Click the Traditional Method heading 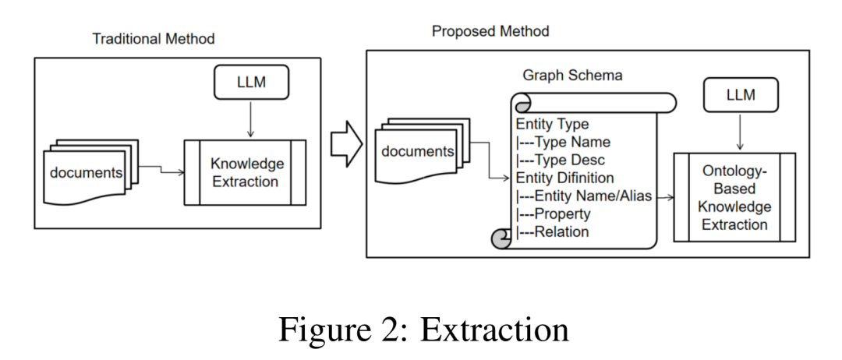coord(154,38)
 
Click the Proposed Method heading coord(490,31)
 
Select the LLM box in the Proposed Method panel coord(740,96)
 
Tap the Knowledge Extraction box coord(244,173)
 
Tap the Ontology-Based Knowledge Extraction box coord(734,197)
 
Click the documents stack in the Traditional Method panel coord(86,171)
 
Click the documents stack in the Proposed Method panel coord(417,150)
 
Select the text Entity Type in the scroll coord(552,124)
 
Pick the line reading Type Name coord(563,142)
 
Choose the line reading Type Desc coord(561,160)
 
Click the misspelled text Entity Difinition coord(565,178)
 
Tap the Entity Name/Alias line coord(584,196)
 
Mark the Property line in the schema coord(553,214)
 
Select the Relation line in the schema coord(552,231)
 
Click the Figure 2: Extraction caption coord(423,330)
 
